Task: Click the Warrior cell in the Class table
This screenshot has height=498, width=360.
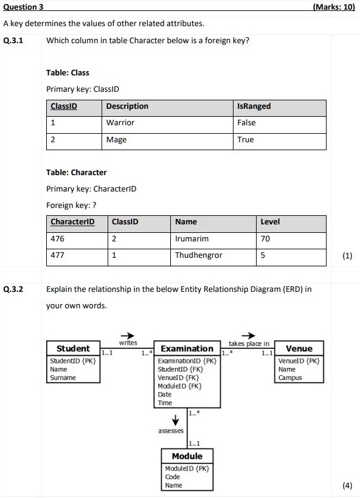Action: pyautogui.click(x=120, y=123)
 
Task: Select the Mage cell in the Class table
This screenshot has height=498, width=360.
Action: pyautogui.click(x=116, y=140)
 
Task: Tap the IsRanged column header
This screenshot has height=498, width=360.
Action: pyautogui.click(x=254, y=106)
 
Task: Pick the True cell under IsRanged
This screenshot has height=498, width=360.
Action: pyautogui.click(x=246, y=140)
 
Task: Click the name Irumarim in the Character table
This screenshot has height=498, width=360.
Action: pyautogui.click(x=192, y=239)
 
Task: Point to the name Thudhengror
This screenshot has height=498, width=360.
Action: pyautogui.click(x=198, y=255)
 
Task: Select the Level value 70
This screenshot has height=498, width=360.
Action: pyautogui.click(x=265, y=239)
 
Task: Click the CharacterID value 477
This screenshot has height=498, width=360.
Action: pyautogui.click(x=57, y=255)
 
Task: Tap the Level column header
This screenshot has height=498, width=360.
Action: pyautogui.click(x=270, y=222)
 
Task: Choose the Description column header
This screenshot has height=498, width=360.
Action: pyautogui.click(x=127, y=106)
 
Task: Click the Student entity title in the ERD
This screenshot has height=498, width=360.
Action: pyautogui.click(x=73, y=348)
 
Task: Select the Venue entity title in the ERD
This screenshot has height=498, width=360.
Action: pyautogui.click(x=299, y=348)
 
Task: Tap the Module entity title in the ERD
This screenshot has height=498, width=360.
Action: pyautogui.click(x=187, y=456)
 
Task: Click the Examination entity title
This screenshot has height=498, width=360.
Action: pyautogui.click(x=187, y=348)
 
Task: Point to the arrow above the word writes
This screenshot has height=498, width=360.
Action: pyautogui.click(x=127, y=335)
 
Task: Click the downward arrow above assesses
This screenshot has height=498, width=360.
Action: pyautogui.click(x=176, y=420)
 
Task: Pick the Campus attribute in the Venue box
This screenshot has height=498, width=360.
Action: pyautogui.click(x=290, y=378)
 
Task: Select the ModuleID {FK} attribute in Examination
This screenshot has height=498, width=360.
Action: pyautogui.click(x=179, y=386)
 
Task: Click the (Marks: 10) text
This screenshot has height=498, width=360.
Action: pyautogui.click(x=333, y=7)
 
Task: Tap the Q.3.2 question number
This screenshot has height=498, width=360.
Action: pyautogui.click(x=13, y=289)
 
